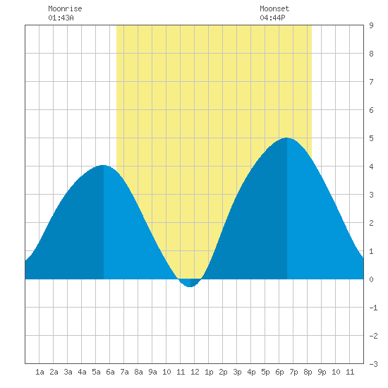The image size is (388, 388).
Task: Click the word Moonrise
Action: [x=65, y=8]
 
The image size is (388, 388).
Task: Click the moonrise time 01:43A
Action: [x=61, y=18]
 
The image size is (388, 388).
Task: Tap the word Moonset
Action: [x=274, y=8]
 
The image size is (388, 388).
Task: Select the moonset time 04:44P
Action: [x=272, y=18]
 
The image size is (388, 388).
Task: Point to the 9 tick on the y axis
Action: [x=371, y=25]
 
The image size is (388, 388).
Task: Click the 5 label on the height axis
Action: [x=371, y=138]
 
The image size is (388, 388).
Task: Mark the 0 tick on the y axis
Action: [x=371, y=279]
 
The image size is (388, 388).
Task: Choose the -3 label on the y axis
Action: [x=373, y=364]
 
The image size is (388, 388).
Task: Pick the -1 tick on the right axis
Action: [x=373, y=308]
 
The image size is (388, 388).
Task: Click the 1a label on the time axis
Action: [x=40, y=372]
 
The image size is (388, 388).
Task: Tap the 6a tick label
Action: [x=110, y=372]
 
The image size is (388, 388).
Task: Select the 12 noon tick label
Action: [x=195, y=372]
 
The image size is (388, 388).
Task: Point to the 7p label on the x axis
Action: [x=293, y=372]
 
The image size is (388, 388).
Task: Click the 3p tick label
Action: [x=237, y=372]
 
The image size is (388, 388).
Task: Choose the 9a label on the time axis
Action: [x=152, y=372]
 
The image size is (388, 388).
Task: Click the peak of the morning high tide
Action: [x=103, y=165]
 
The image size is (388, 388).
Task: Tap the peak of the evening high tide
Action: [x=286, y=138]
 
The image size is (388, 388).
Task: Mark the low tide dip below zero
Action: [x=190, y=284]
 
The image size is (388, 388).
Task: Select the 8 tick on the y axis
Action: [x=371, y=54]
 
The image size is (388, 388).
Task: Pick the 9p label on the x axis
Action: [x=322, y=372]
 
